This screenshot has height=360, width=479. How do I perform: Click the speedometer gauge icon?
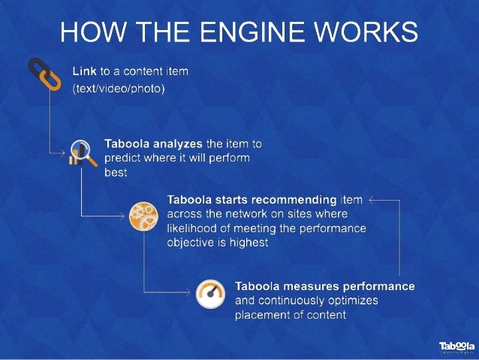click(x=210, y=295)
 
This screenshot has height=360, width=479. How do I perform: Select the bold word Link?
click(x=84, y=72)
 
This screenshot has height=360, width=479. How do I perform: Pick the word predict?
click(x=122, y=158)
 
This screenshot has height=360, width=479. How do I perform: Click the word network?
click(x=252, y=214)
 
